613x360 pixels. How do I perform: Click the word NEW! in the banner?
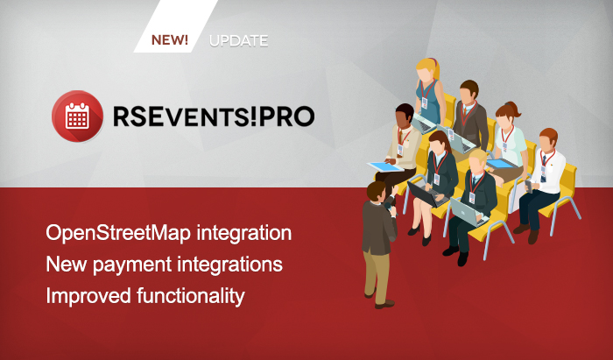tap(170, 40)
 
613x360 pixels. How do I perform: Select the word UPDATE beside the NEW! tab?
tap(238, 40)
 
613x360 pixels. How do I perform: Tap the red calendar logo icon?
tap(77, 116)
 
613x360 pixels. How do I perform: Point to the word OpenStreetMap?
tap(118, 233)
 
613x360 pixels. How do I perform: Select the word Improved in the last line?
tap(88, 296)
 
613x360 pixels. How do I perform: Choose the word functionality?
tap(191, 296)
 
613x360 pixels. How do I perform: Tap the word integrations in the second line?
tap(229, 265)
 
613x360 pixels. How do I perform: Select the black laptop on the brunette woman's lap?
tap(426, 194)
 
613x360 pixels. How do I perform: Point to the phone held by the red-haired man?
tap(529, 186)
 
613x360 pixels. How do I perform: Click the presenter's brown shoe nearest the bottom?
tap(384, 304)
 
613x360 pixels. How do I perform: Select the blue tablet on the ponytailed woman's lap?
tap(500, 164)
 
